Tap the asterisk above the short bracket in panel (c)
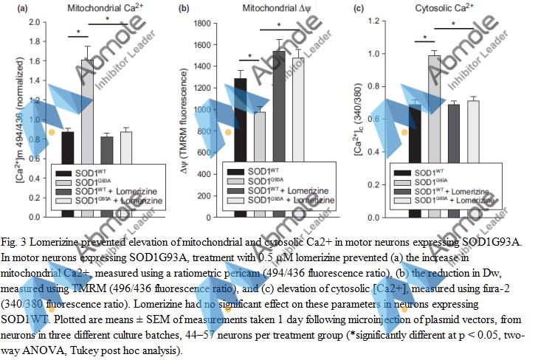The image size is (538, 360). click(x=425, y=38)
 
